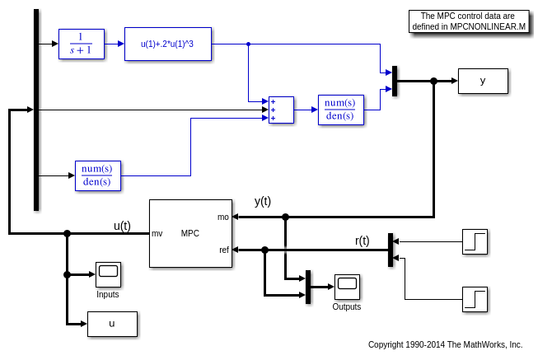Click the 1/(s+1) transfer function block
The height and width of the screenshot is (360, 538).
point(82,44)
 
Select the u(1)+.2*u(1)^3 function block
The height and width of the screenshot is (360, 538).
point(168,44)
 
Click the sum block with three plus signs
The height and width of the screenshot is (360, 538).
point(281,110)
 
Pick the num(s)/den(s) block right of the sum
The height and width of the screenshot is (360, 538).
point(340,110)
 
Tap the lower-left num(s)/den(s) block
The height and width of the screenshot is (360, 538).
point(97,175)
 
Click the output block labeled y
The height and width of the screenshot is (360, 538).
point(483,81)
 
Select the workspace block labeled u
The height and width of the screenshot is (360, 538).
point(112,324)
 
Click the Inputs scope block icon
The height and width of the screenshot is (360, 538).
point(108,274)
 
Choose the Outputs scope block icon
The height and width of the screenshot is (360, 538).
point(347,287)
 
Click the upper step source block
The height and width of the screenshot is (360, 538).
point(475,241)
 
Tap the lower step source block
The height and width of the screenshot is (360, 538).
point(475,299)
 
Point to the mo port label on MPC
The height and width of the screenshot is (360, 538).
point(223,217)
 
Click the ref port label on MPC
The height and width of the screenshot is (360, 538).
point(223,250)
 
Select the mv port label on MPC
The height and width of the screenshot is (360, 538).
point(157,233)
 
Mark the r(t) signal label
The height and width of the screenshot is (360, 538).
point(363,241)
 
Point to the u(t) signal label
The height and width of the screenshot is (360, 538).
point(122,226)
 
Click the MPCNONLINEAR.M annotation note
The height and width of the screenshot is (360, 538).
point(469,21)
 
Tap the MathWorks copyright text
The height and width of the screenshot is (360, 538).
point(445,344)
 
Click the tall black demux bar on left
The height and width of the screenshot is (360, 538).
point(36,110)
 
